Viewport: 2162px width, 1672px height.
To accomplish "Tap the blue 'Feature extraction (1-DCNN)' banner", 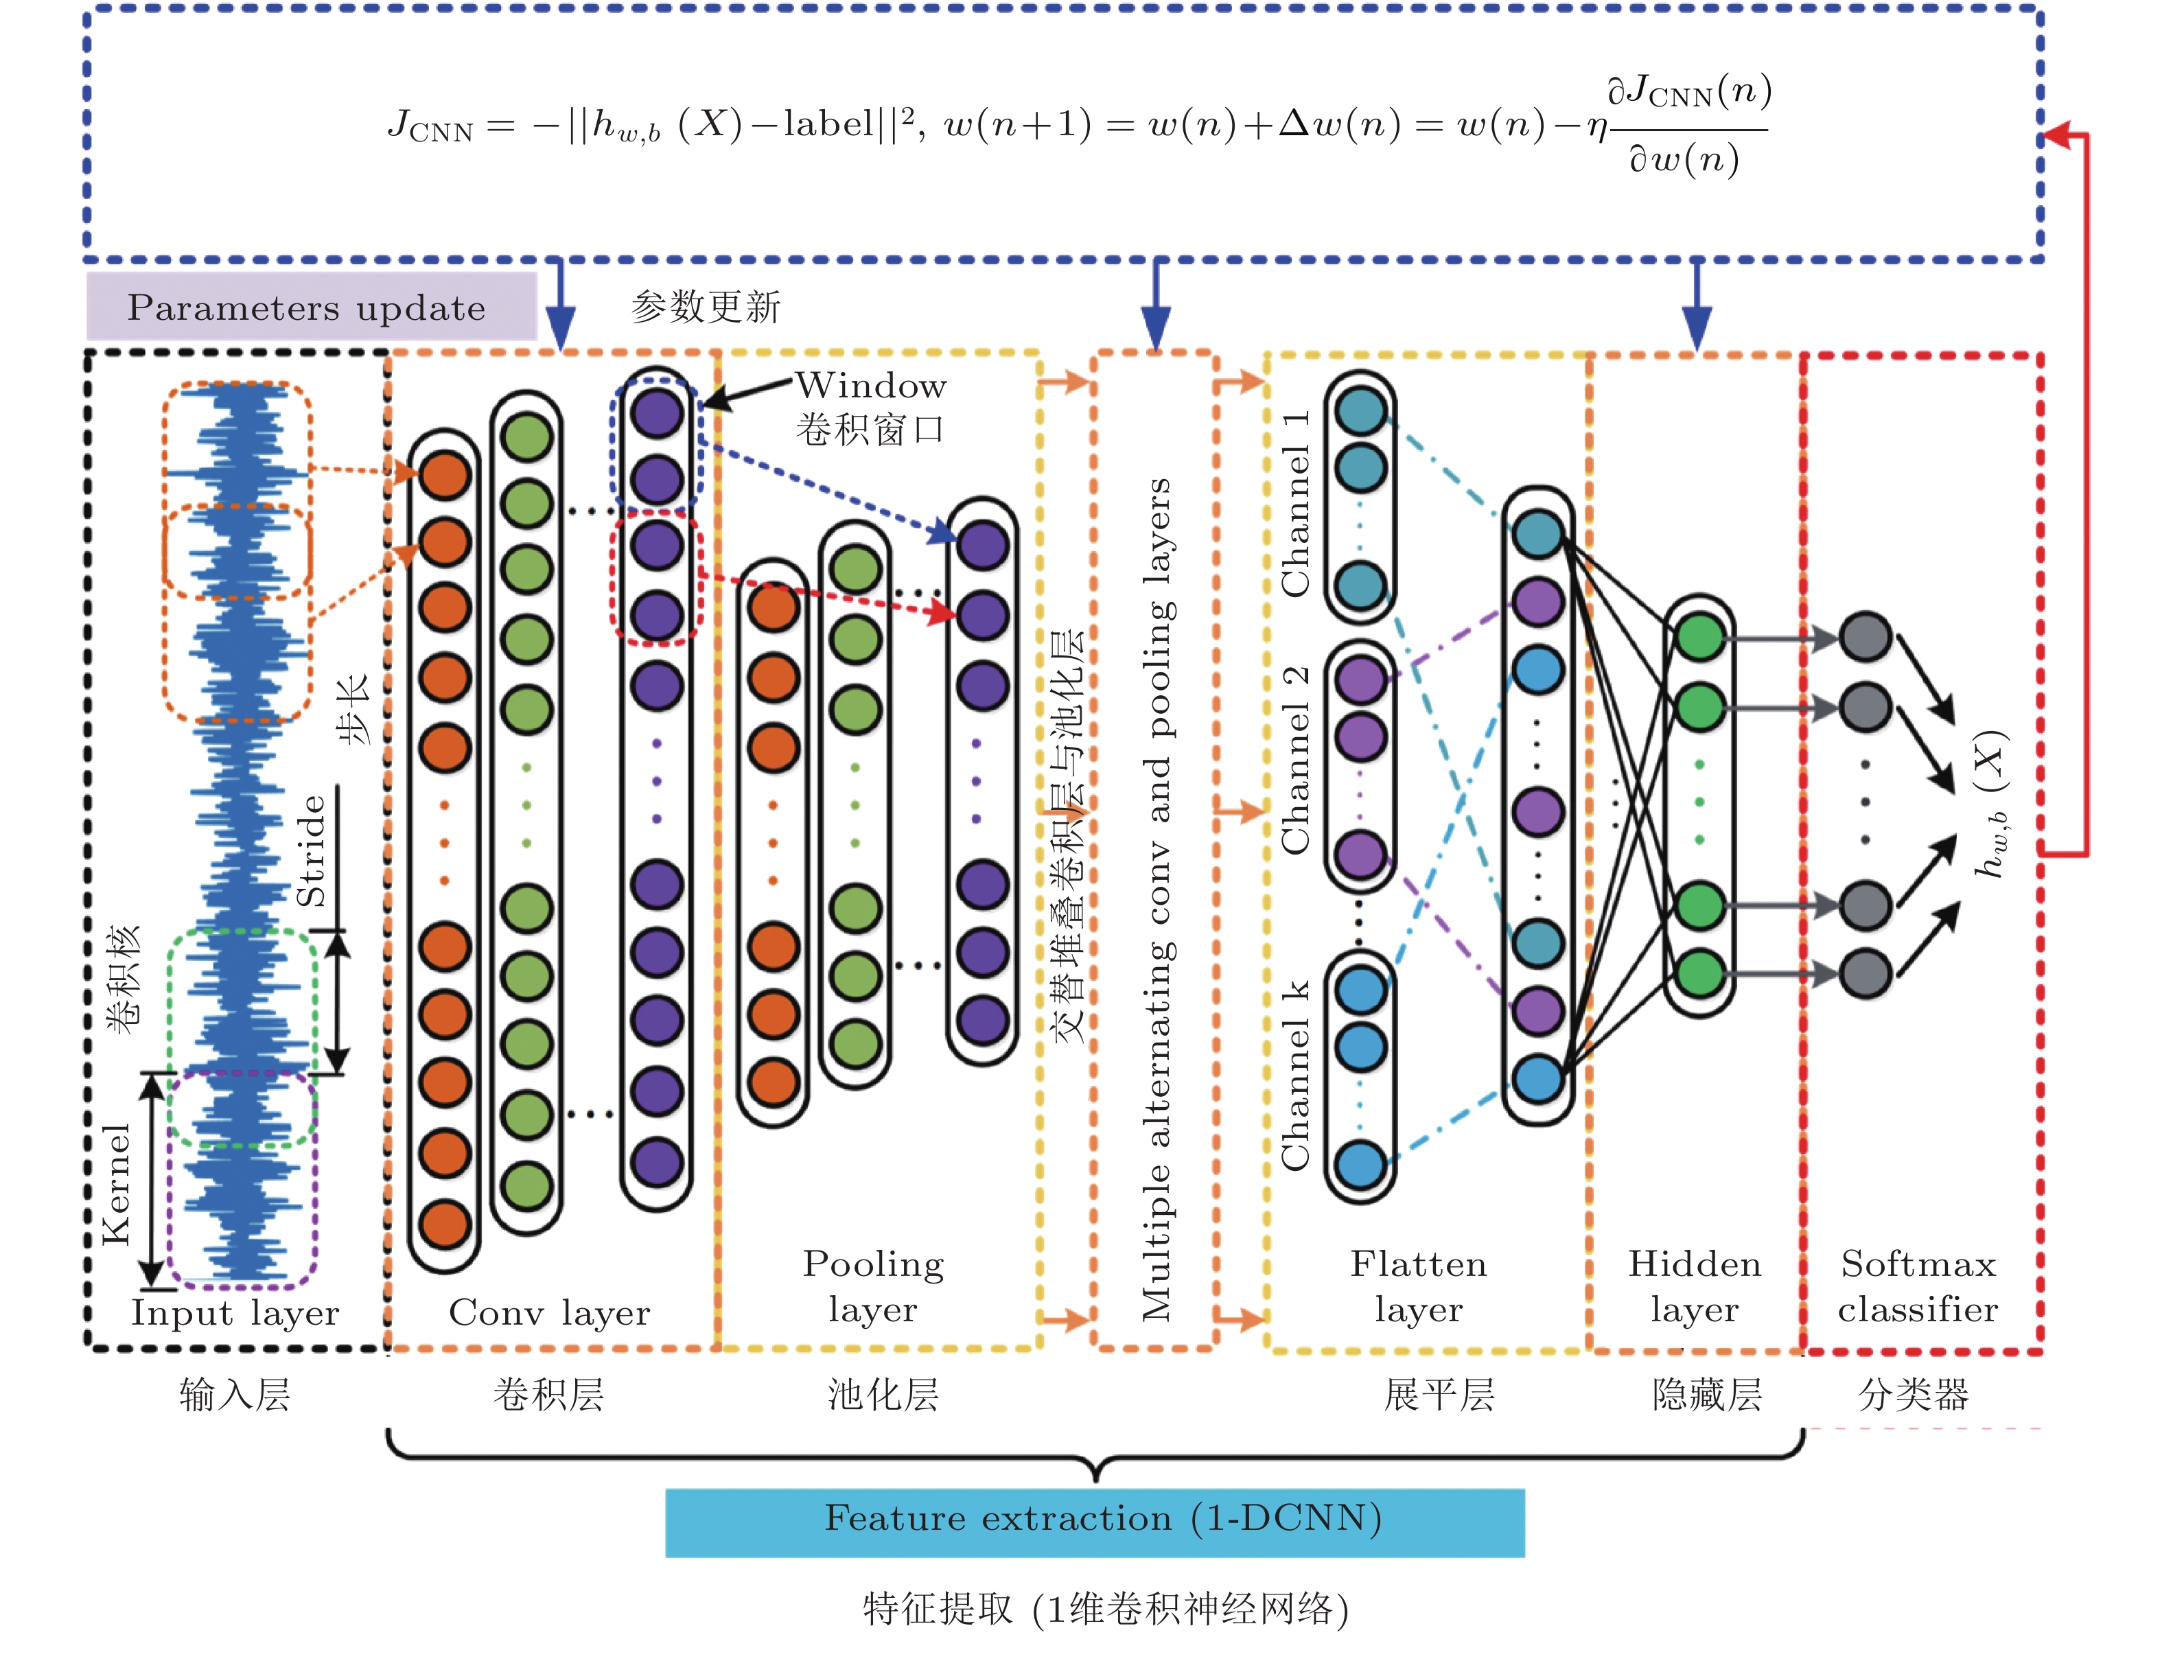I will (x=1094, y=1520).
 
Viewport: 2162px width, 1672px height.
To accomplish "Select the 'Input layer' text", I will (x=235, y=1312).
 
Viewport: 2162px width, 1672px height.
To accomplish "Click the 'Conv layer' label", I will (x=549, y=1312).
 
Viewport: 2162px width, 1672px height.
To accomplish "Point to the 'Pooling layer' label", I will (x=873, y=1286).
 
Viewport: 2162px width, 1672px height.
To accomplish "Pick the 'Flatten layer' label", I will (x=1419, y=1286).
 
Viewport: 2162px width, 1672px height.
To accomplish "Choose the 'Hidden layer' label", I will (x=1695, y=1286).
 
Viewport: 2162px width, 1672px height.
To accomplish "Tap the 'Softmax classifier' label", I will (x=1918, y=1286).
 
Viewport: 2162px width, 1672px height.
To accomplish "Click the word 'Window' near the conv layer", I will (x=871, y=385).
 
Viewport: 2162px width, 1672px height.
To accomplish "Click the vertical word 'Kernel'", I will (x=116, y=1184).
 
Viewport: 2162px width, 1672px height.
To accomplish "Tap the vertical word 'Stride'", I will (x=311, y=851).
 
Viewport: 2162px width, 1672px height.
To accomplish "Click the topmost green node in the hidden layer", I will (x=1699, y=636).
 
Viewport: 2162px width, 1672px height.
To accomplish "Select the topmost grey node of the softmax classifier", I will (x=1865, y=636).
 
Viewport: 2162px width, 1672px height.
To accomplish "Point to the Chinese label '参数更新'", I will (x=706, y=307).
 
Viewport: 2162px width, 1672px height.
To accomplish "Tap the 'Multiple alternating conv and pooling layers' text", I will (x=1156, y=899).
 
